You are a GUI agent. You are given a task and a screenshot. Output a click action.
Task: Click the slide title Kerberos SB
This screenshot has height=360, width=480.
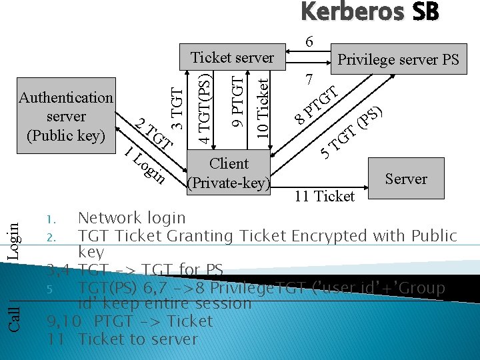point(369,13)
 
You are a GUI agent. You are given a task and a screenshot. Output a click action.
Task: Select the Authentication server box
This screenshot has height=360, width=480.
point(66,117)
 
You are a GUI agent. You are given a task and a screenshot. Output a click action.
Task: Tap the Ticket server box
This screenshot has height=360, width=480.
point(232,57)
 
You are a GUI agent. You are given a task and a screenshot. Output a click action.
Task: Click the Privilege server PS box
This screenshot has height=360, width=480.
point(398,60)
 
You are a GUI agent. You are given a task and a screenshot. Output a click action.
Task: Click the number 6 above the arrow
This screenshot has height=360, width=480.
point(309,41)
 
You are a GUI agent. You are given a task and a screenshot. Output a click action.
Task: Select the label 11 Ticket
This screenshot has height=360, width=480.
point(325,196)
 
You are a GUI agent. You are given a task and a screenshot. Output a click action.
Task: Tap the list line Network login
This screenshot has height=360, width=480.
point(131,218)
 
